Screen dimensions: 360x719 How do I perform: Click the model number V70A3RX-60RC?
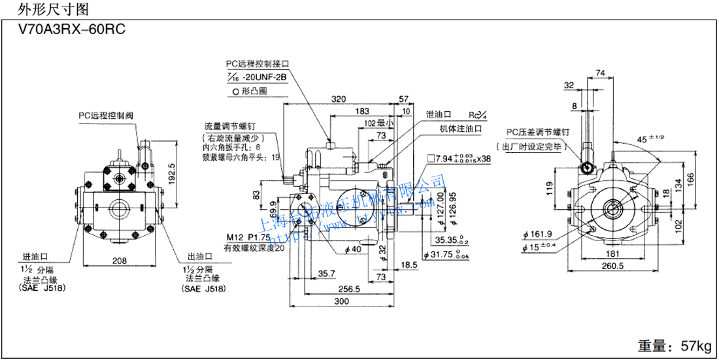pyautogui.click(x=64, y=29)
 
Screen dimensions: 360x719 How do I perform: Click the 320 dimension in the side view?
pyautogui.click(x=339, y=100)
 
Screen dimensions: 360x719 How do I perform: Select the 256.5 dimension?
pyautogui.click(x=348, y=289)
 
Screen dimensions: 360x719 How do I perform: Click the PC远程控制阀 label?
pyautogui.click(x=106, y=115)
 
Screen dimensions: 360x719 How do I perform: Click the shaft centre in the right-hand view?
pyautogui.click(x=613, y=209)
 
